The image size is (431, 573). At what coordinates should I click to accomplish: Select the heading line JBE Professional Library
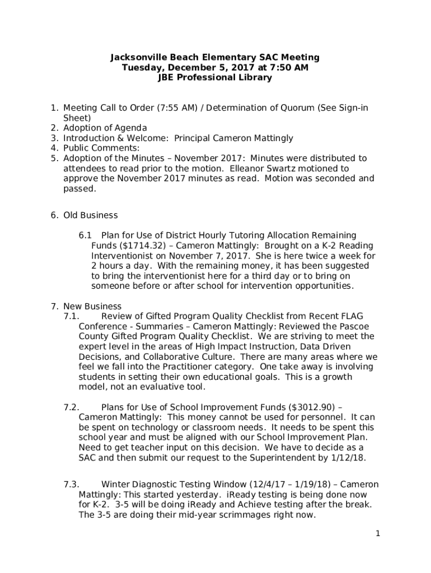215,78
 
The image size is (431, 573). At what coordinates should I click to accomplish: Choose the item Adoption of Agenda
105,128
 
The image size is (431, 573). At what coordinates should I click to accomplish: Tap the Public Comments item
101,148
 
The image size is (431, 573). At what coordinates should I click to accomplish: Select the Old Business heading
90,215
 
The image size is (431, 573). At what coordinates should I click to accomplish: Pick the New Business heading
92,306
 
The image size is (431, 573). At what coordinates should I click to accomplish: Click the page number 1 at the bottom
378,534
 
